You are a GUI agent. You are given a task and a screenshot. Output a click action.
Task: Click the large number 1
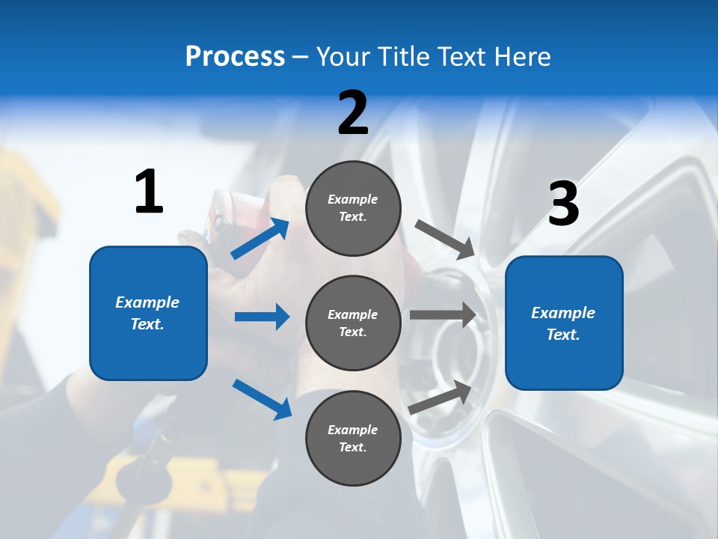(x=149, y=192)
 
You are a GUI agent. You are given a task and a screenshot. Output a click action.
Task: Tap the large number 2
(x=353, y=113)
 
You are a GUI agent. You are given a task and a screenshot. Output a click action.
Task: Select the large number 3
(x=563, y=204)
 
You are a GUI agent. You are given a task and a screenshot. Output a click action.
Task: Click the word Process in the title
(x=235, y=56)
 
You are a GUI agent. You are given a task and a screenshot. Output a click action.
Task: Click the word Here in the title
(x=523, y=56)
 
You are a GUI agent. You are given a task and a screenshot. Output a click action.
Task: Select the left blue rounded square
(x=148, y=313)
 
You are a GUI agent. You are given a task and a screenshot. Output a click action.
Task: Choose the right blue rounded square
(x=564, y=323)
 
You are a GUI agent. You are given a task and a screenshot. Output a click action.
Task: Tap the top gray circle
(x=353, y=208)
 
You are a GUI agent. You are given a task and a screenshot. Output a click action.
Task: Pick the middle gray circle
(x=353, y=323)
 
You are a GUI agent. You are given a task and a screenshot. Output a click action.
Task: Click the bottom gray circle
(x=353, y=439)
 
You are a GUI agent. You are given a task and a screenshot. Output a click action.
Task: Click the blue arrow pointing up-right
(x=260, y=238)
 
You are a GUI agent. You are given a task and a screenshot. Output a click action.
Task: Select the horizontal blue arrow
(x=262, y=317)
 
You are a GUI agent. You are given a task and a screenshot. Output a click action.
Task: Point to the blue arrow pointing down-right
(x=262, y=399)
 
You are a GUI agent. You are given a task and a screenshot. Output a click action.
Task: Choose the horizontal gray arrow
(x=443, y=315)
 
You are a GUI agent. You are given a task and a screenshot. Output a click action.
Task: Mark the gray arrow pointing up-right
(x=441, y=397)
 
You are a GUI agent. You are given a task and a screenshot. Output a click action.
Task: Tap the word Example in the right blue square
(x=563, y=313)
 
